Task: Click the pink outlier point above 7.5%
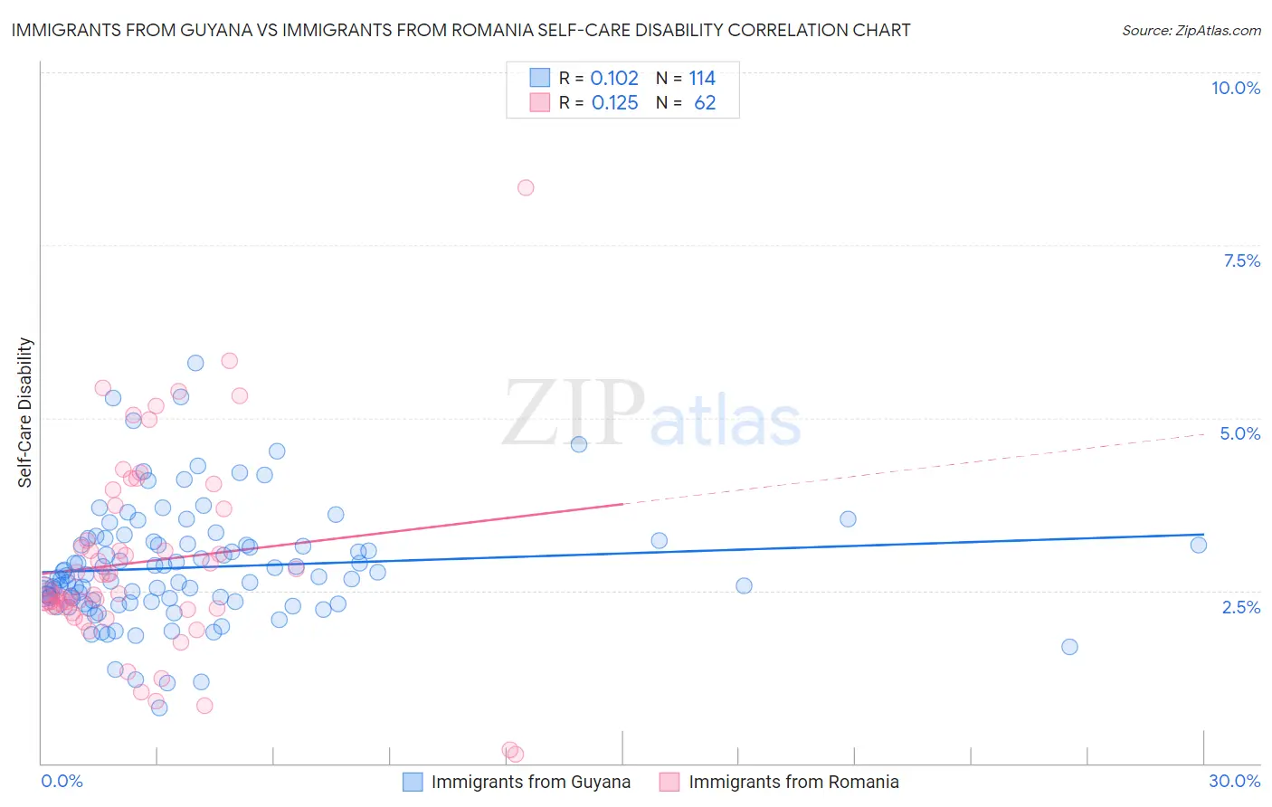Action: tap(526, 188)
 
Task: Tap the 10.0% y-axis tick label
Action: tap(1235, 88)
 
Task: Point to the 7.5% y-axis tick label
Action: tap(1241, 261)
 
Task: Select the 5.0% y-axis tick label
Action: tap(1239, 433)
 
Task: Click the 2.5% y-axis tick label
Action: tap(1240, 607)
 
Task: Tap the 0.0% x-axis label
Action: tap(62, 781)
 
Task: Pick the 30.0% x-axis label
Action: tap(1234, 781)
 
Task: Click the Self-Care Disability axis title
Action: tap(25, 413)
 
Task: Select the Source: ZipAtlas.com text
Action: tap(1191, 31)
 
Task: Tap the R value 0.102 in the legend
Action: tap(614, 79)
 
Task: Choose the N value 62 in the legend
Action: tap(705, 103)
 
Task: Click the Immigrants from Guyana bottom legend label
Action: tap(530, 782)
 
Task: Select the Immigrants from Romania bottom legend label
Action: tap(793, 782)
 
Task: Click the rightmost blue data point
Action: tap(1199, 545)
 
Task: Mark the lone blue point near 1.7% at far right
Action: tap(1069, 647)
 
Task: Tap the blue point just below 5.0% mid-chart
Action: tap(579, 444)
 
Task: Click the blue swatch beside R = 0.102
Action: tap(540, 78)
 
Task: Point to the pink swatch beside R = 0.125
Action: tap(540, 102)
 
